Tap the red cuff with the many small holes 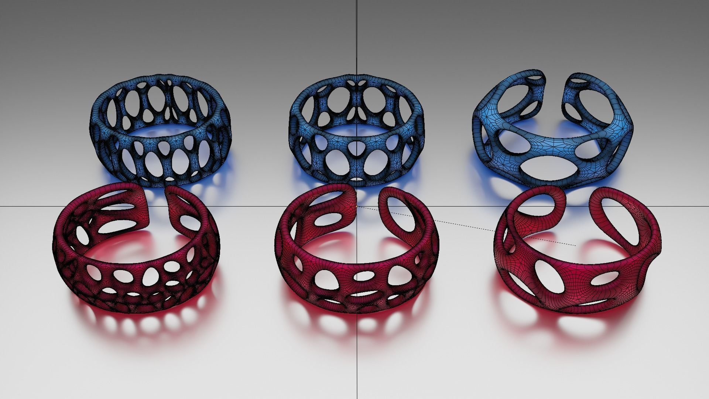pyautogui.click(x=111, y=281)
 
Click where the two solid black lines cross pyautogui.click(x=357, y=206)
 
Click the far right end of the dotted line pyautogui.click(x=575, y=245)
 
